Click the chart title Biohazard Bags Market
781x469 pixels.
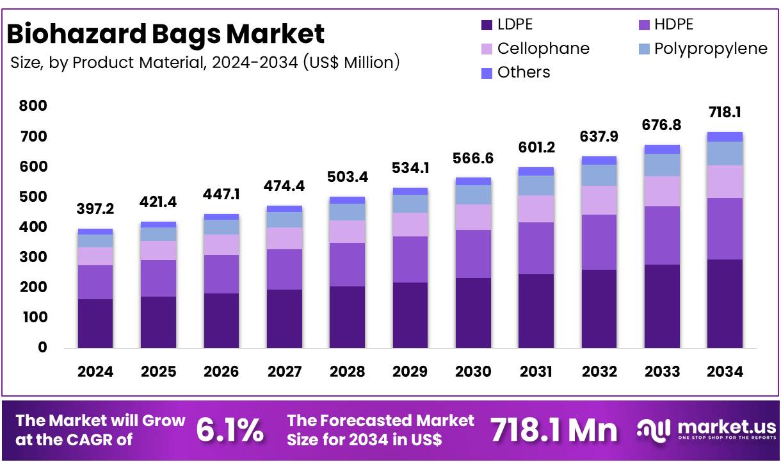[x=166, y=33]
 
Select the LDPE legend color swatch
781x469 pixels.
[x=487, y=25]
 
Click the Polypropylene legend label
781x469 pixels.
[x=711, y=49]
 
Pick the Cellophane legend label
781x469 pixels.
[x=543, y=49]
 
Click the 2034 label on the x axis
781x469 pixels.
[x=725, y=372]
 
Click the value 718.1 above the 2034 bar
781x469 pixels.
[x=725, y=113]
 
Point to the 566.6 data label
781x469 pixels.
[x=473, y=158]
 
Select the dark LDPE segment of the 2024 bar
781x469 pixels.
[x=95, y=323]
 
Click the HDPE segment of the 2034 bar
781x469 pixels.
[x=725, y=228]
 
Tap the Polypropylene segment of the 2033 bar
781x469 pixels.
[x=662, y=165]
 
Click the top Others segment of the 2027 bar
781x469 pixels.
[x=284, y=209]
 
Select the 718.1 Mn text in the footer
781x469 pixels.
[x=554, y=431]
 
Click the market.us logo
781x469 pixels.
[x=707, y=430]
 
